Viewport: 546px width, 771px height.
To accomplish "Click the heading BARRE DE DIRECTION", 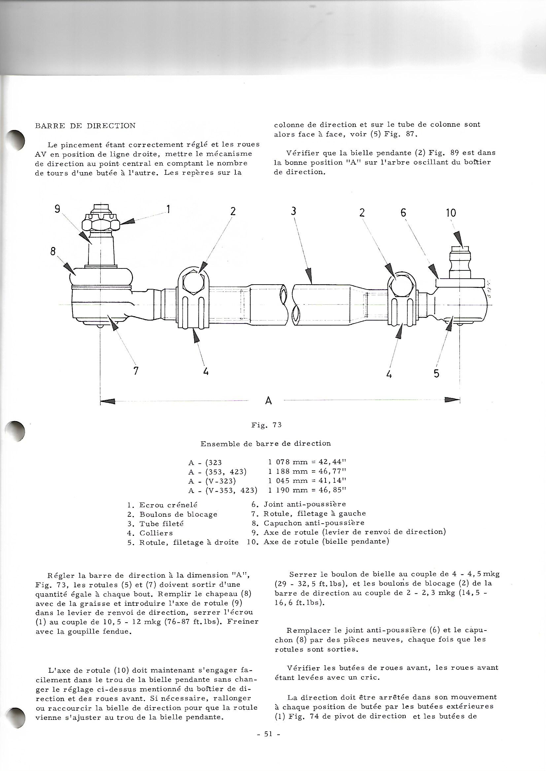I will click(85, 126).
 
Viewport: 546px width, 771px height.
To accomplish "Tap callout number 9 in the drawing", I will click(57, 209).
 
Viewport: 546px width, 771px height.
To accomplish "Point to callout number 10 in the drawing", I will click(451, 213).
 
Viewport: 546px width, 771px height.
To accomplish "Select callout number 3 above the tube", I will click(293, 212).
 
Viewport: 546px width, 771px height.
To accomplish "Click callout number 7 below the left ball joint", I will click(136, 371).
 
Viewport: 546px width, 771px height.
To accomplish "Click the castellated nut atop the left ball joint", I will click(101, 223).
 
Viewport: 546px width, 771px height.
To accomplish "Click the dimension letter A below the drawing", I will click(268, 401).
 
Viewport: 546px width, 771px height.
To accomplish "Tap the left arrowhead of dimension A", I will click(108, 401).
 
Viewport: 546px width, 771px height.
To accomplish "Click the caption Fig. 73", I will click(266, 425).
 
